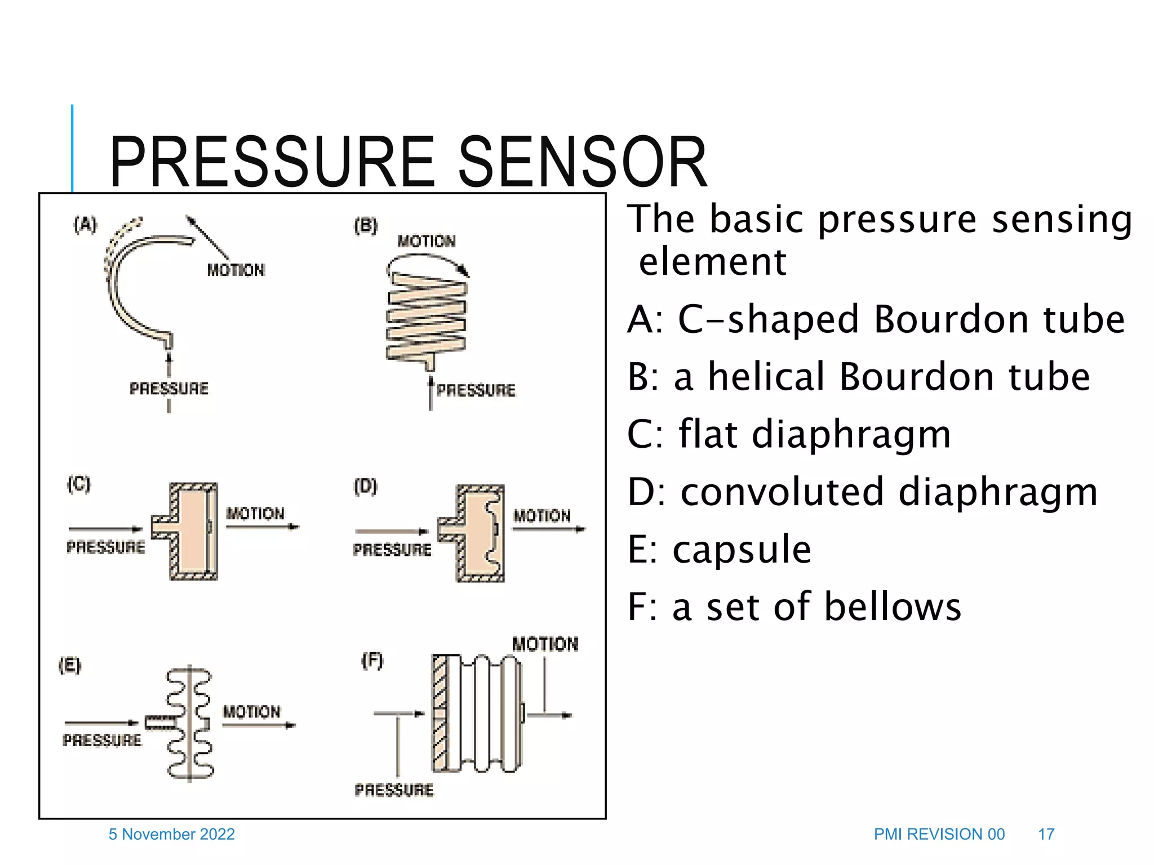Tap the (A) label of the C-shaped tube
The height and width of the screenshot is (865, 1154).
pos(85,224)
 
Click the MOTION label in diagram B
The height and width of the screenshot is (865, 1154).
pos(427,242)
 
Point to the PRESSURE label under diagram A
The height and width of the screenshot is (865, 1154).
pos(169,389)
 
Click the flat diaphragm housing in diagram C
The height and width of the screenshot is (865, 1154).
pos(193,530)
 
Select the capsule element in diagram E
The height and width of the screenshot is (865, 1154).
pos(190,724)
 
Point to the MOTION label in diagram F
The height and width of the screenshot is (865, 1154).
pos(545,644)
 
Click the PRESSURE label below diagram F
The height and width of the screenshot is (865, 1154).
pos(394,790)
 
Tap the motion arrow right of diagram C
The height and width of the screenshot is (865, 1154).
pos(263,527)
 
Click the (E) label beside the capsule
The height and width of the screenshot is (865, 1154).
pos(70,666)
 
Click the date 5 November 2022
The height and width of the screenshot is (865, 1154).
pos(172,834)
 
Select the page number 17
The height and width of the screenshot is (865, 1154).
pos(1046,834)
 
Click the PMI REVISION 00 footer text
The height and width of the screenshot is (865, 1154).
pos(939,834)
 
